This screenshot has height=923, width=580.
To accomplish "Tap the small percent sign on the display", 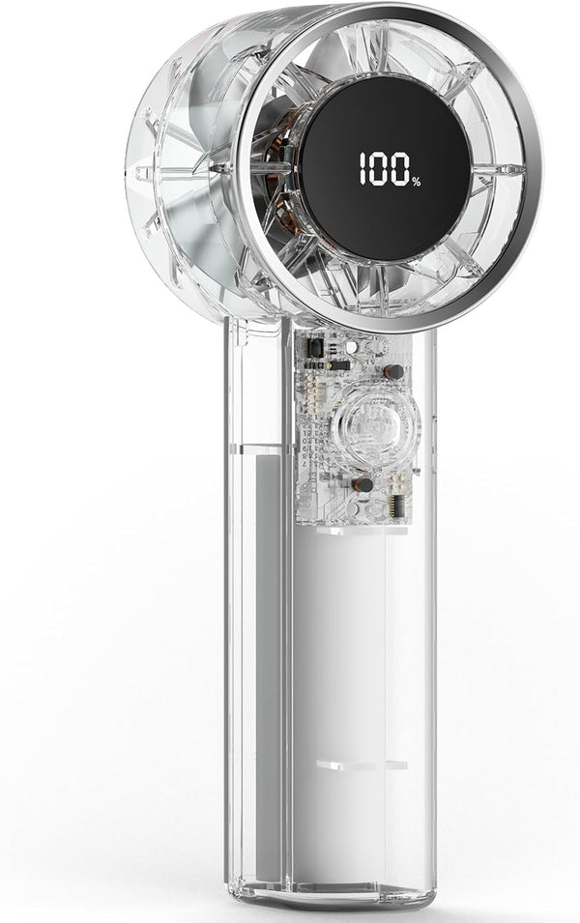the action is pyautogui.click(x=417, y=182).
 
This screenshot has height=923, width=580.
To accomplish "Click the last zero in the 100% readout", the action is pyautogui.click(x=400, y=169).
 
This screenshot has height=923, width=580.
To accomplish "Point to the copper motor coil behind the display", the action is pyautogui.click(x=275, y=177).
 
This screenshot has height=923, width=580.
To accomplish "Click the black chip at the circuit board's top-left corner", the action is pyautogui.click(x=315, y=348).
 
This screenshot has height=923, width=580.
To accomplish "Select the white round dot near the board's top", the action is pyautogui.click(x=351, y=347).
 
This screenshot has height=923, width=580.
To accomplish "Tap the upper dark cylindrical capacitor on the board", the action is pyautogui.click(x=393, y=371).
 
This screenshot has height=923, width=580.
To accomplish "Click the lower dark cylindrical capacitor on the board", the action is pyautogui.click(x=362, y=485).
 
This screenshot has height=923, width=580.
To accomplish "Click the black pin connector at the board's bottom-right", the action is pyautogui.click(x=397, y=506).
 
